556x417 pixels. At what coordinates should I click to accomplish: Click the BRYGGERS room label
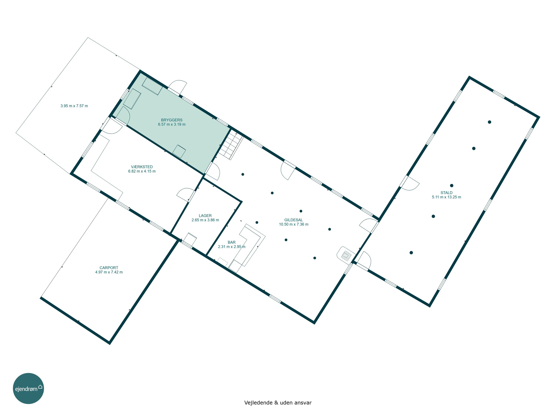pos(172,120)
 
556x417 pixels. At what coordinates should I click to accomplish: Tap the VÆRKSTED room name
pos(142,167)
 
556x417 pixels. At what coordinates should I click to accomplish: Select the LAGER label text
pos(205,216)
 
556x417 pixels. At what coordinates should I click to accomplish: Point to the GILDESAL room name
pos(294,220)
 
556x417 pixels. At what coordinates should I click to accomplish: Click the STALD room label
pos(446,193)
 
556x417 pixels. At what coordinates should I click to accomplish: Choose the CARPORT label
pos(109,268)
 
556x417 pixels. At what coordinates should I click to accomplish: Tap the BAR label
pos(231,242)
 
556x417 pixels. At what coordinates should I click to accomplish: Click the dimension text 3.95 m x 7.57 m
pos(74,106)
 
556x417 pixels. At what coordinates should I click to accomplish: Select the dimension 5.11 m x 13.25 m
pos(446,197)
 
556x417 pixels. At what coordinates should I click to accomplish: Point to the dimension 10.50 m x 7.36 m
pos(294,224)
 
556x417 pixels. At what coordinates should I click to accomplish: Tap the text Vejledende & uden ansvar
pos(278,403)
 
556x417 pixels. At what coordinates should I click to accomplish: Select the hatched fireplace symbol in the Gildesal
pos(346,254)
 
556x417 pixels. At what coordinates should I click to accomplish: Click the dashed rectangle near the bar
pos(223,262)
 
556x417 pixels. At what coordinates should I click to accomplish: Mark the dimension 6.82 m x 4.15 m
pos(142,171)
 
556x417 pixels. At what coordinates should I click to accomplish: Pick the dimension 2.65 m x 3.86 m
pos(205,220)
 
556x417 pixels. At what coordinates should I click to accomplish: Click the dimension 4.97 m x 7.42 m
pos(109,272)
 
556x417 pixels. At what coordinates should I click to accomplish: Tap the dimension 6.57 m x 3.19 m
pos(172,124)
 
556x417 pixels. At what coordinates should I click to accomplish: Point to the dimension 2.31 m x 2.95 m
pos(231,246)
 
